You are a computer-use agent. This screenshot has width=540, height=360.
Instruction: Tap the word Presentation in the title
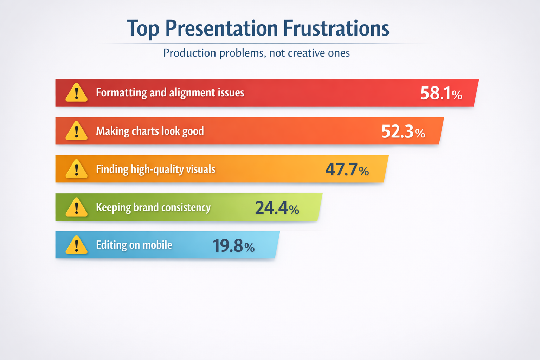pyautogui.click(x=221, y=28)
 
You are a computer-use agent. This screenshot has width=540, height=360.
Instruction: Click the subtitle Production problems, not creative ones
pyautogui.click(x=256, y=53)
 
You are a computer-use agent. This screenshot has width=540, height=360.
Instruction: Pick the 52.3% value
pyautogui.click(x=403, y=131)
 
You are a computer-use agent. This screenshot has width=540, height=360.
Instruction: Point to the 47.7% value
pyautogui.click(x=347, y=169)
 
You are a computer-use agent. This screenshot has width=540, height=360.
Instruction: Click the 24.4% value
pyautogui.click(x=277, y=208)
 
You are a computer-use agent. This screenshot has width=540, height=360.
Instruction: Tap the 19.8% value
pyautogui.click(x=233, y=246)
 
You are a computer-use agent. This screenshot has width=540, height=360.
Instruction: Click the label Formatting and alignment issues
pyautogui.click(x=170, y=93)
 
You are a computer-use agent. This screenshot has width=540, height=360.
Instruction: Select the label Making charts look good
pyautogui.click(x=150, y=131)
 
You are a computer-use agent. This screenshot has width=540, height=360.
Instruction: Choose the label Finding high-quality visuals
pyautogui.click(x=155, y=169)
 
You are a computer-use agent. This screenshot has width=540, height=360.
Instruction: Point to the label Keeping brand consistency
pyautogui.click(x=153, y=207)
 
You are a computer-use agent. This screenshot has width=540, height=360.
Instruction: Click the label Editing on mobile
pyautogui.click(x=134, y=245)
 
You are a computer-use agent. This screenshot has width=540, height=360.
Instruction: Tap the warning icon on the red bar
pyautogui.click(x=76, y=93)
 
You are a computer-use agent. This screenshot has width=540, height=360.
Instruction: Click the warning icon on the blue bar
pyautogui.click(x=76, y=245)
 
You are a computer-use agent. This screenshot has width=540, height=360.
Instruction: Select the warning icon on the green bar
pyautogui.click(x=76, y=207)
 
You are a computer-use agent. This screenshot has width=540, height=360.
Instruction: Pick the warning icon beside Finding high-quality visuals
pyautogui.click(x=76, y=169)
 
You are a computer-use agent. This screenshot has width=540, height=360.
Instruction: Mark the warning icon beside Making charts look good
pyautogui.click(x=76, y=131)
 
